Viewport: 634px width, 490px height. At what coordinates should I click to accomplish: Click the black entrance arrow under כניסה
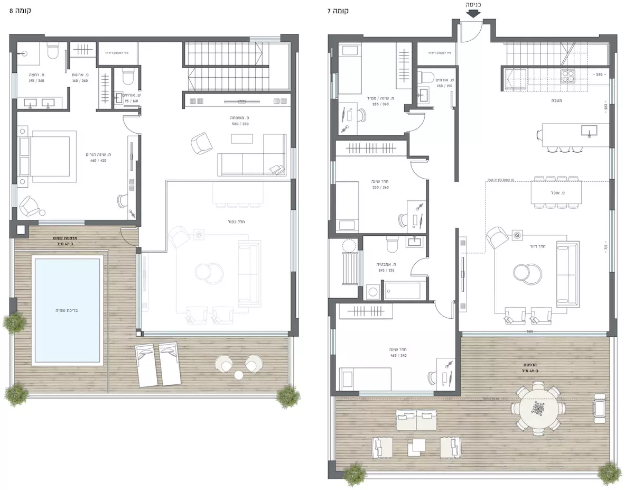[x=473, y=14]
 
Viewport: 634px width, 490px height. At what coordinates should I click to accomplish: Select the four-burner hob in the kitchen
[x=570, y=77]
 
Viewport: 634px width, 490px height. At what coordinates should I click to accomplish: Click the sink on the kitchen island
[x=590, y=130]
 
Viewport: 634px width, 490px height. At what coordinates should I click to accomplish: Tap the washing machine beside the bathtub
[x=372, y=291]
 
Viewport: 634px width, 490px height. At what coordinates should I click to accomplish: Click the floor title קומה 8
[x=20, y=11]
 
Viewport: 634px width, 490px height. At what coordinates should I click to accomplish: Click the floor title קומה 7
[x=338, y=11]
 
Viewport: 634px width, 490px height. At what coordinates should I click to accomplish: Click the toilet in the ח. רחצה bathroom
[x=52, y=52]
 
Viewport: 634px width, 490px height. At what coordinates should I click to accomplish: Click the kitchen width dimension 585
[x=599, y=75]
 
